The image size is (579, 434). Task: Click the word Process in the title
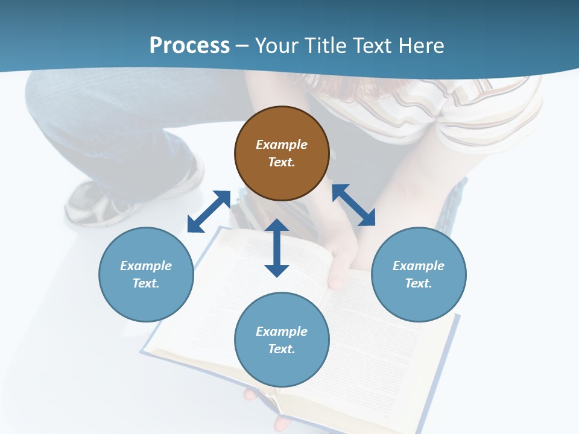point(189,46)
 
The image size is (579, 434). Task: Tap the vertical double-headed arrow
point(277,248)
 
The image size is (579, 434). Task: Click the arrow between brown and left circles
point(209,212)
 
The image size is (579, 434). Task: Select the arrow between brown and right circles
point(353,205)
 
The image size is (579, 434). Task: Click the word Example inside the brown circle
point(282,145)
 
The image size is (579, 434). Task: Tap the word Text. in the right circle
point(419,283)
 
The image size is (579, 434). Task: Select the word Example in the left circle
point(146,266)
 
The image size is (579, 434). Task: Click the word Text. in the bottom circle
point(282,349)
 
